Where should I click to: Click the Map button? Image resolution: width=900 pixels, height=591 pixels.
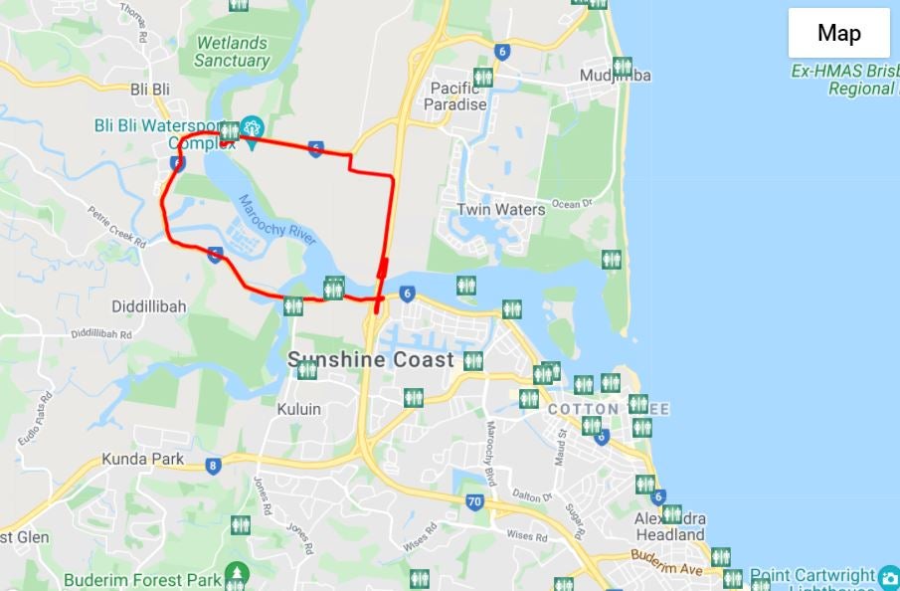coord(838,33)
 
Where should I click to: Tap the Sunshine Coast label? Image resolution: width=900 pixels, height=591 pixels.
coord(371,360)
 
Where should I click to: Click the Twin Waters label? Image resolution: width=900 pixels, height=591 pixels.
coord(500,210)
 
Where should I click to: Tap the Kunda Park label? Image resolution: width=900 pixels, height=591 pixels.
coord(142,459)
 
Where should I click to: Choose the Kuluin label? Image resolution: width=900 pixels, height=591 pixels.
coord(298,409)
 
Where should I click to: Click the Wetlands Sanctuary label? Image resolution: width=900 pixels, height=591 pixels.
coord(232,52)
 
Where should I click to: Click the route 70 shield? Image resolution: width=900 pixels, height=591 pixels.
coord(474,502)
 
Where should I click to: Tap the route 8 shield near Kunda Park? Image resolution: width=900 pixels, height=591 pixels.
coord(213,465)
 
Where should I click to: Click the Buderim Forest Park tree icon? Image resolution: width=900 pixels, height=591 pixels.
coord(236,572)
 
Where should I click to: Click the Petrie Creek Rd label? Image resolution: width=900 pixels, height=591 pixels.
coord(116,227)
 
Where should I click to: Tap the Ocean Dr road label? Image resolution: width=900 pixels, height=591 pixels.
coord(571,204)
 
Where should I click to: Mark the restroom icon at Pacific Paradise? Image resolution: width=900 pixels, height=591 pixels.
coord(483,77)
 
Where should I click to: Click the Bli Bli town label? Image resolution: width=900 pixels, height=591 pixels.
coord(150,90)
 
